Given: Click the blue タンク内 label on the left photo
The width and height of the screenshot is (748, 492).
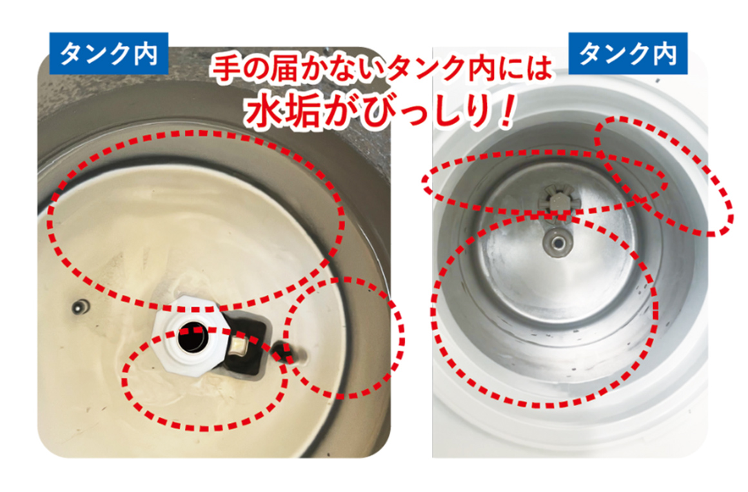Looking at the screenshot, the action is pos(109,54).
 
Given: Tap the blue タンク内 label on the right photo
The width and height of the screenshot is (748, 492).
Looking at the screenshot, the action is pos(628,54).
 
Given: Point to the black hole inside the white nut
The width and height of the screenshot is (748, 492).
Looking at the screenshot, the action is pos(193,338).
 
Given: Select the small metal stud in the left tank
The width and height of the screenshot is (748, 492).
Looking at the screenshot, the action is pos(79,307).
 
